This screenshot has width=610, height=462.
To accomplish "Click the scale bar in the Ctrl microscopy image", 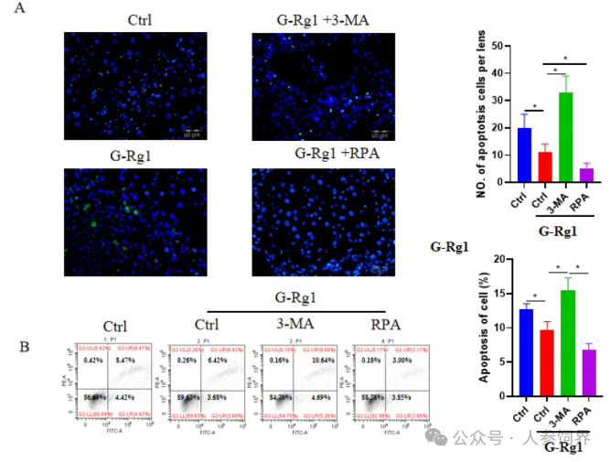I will coord(191,132).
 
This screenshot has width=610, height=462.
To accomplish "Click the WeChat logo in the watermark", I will coord(445,438).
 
